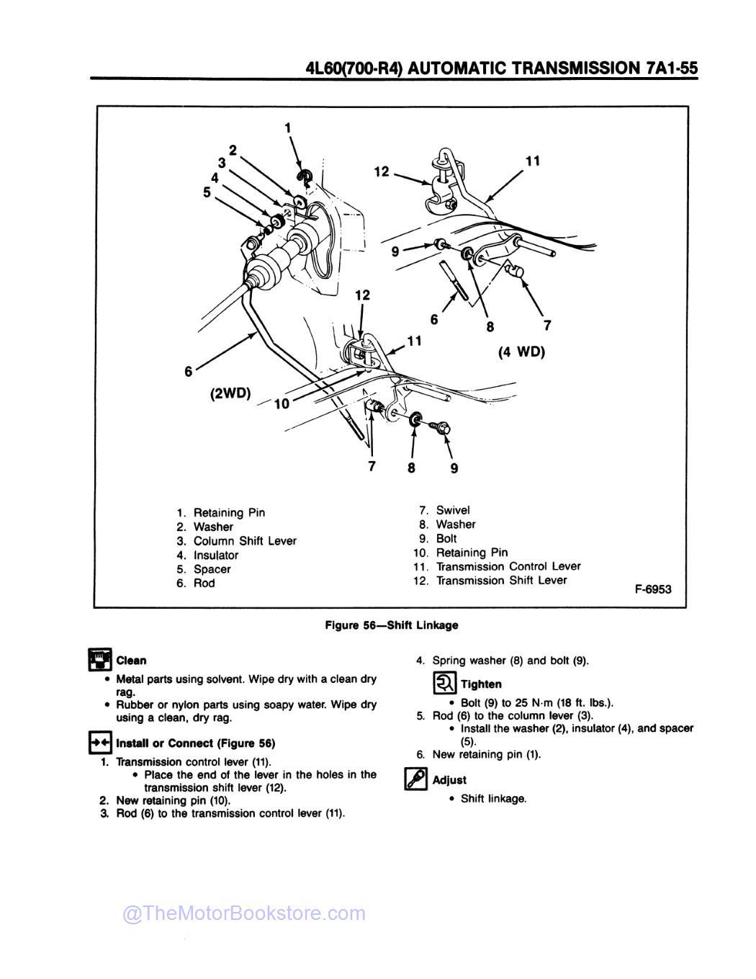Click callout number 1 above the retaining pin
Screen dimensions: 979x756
[287, 128]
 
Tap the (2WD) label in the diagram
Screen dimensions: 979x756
[230, 393]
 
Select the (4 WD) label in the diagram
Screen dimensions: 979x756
[521, 352]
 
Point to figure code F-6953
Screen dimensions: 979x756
[652, 589]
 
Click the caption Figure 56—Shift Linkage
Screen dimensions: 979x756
[391, 625]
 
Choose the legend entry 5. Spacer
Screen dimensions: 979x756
[204, 569]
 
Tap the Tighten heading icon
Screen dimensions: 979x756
[444, 682]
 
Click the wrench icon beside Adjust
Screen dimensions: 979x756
[416, 779]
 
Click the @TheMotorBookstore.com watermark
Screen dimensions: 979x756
[244, 913]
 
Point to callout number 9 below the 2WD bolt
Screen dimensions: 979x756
[454, 468]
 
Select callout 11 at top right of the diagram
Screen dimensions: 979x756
[532, 161]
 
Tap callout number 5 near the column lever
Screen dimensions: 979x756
[207, 192]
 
